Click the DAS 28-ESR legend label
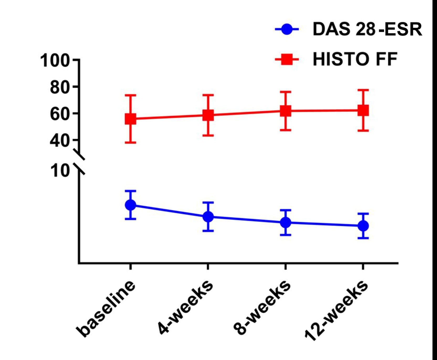(367, 29)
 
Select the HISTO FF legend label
(355, 59)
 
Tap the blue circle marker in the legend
(287, 29)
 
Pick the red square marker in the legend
(287, 60)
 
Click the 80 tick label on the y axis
(60, 87)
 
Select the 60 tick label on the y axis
(60, 114)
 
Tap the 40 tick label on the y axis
(60, 141)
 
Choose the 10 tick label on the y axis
(60, 171)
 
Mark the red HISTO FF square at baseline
(130, 119)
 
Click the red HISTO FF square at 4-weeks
(208, 115)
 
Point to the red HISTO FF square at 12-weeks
(363, 110)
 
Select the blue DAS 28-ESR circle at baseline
(130, 205)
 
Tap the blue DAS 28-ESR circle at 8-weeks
(286, 223)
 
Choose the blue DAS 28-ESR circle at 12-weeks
(363, 226)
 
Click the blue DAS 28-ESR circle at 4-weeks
(208, 217)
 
